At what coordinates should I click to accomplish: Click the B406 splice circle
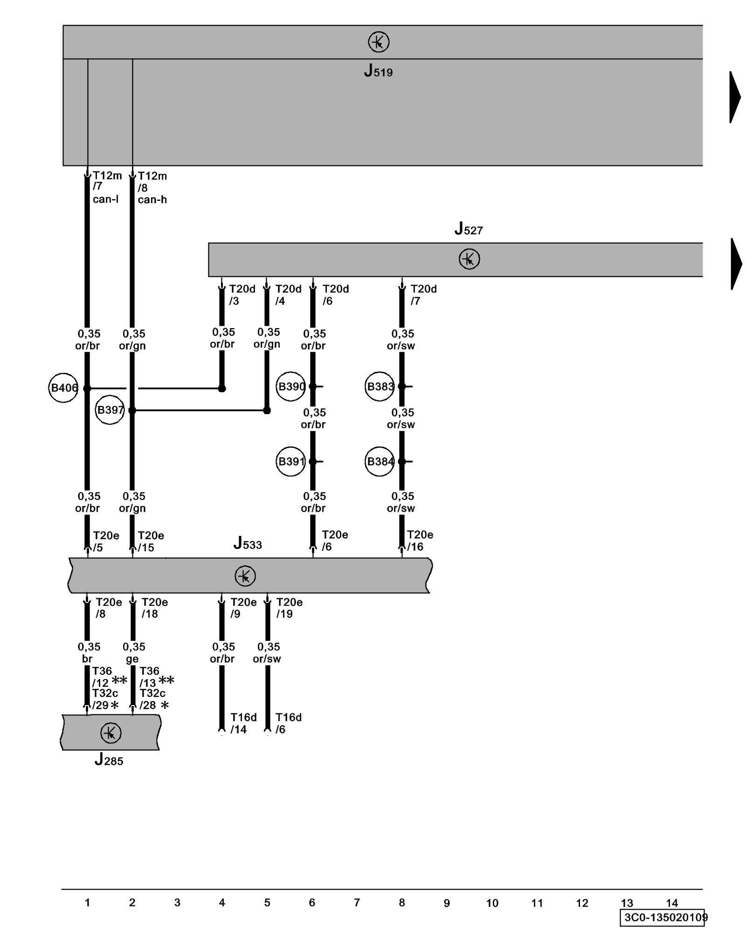63,388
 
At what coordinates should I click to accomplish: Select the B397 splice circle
110,410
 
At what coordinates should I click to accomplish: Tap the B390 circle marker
290,386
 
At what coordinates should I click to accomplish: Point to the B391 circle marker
290,461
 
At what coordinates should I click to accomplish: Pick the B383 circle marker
380,386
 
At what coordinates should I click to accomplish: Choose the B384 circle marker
380,461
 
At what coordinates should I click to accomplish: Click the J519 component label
378,71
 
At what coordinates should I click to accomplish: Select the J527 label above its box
469,229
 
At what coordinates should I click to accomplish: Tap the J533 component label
248,543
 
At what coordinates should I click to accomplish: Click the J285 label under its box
109,760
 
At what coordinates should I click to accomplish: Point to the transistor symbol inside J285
111,733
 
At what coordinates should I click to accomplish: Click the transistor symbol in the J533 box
245,576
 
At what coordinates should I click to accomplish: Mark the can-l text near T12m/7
105,199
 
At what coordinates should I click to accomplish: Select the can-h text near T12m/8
152,199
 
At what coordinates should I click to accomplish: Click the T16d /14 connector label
243,723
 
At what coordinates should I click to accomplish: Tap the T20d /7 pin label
423,295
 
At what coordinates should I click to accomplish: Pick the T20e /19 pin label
289,608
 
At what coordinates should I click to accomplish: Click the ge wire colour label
132,659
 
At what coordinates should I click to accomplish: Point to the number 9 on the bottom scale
447,903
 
